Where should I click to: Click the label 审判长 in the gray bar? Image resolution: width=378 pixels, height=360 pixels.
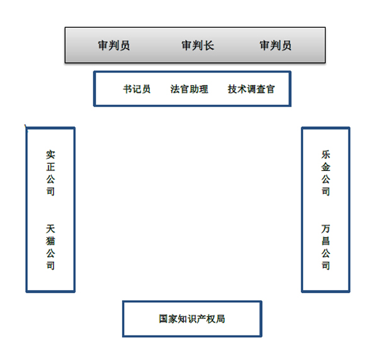pyautogui.click(x=198, y=45)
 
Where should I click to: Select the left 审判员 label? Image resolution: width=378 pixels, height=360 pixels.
pyautogui.click(x=114, y=45)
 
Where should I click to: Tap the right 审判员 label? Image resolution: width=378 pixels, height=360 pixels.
pyautogui.click(x=275, y=45)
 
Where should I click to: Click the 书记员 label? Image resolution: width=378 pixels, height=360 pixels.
pyautogui.click(x=137, y=89)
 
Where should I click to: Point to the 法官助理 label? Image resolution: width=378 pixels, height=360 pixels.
pyautogui.click(x=189, y=89)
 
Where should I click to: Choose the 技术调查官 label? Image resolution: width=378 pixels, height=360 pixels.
pyautogui.click(x=251, y=89)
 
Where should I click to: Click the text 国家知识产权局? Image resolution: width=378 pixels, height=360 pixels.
pyautogui.click(x=192, y=319)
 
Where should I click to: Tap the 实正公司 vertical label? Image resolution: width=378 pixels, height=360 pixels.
pyautogui.click(x=50, y=173)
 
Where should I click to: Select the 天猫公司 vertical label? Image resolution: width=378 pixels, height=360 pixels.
pyautogui.click(x=50, y=247)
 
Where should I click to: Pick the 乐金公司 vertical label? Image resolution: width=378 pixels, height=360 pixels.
pyautogui.click(x=326, y=173)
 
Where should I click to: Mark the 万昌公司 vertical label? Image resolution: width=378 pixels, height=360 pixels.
pyautogui.click(x=326, y=247)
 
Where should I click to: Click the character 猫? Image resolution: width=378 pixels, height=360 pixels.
pyautogui.click(x=50, y=241)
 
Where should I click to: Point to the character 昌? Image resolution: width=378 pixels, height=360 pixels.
pyautogui.click(x=326, y=241)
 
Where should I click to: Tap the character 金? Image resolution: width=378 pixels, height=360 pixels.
pyautogui.click(x=326, y=166)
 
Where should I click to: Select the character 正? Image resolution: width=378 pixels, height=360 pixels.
pyautogui.click(x=50, y=166)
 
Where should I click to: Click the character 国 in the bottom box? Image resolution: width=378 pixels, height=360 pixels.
pyautogui.click(x=163, y=319)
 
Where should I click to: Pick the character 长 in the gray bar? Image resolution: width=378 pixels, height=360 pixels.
pyautogui.click(x=209, y=45)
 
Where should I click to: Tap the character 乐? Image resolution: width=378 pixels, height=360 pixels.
pyautogui.click(x=326, y=154)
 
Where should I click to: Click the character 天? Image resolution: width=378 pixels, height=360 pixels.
pyautogui.click(x=50, y=228)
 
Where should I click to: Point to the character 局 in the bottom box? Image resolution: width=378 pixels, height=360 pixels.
pyautogui.click(x=220, y=319)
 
